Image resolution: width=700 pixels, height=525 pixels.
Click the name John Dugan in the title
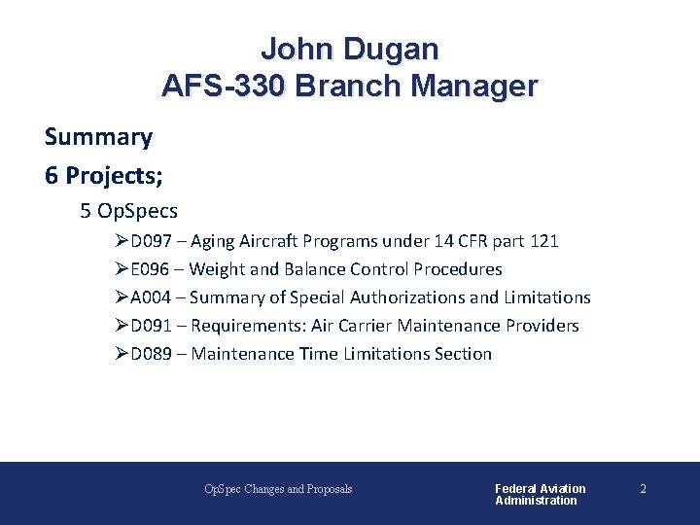(349, 49)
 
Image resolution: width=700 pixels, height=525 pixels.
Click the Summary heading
(98, 137)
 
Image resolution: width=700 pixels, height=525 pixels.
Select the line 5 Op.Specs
(129, 210)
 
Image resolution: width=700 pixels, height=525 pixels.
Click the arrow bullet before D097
(122, 241)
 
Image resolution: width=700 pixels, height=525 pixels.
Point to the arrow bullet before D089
(122, 354)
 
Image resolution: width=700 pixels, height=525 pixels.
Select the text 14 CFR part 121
(497, 241)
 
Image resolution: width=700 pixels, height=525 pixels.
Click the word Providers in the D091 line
(541, 326)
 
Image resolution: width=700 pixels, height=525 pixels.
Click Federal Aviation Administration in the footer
(540, 494)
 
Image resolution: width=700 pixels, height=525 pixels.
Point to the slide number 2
(643, 489)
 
